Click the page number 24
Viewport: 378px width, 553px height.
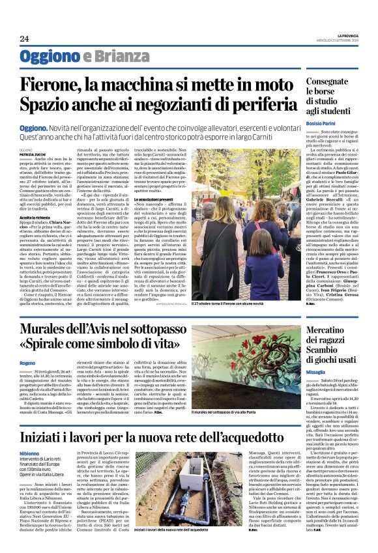click(x=24, y=38)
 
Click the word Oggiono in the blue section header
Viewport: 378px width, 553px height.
click(x=50, y=57)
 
